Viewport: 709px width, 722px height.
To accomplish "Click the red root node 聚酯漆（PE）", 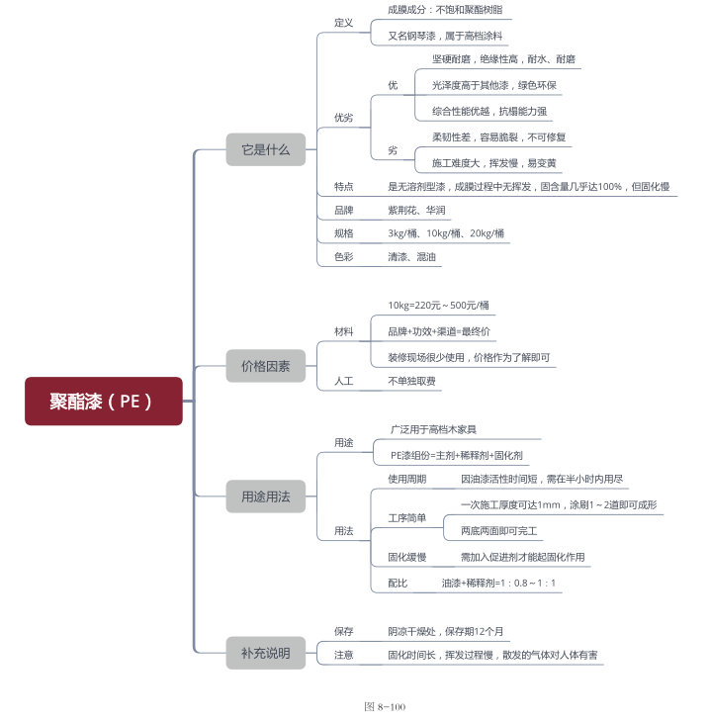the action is click(103, 401).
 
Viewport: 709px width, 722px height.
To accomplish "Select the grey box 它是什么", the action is click(265, 149).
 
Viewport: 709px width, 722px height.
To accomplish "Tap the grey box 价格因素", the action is click(265, 366).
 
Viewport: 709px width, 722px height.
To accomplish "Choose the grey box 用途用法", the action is click(265, 496).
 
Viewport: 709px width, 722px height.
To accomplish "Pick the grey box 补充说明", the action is click(265, 653).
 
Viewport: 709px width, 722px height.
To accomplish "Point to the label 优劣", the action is click(343, 118).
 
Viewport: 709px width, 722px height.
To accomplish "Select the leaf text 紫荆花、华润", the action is click(416, 211).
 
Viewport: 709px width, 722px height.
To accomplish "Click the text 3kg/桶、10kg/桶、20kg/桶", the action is click(446, 234).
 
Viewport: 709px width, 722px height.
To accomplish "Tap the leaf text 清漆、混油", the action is click(413, 257).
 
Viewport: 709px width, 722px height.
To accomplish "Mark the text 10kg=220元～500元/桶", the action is click(439, 306).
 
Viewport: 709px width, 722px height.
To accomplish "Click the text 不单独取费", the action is click(411, 381).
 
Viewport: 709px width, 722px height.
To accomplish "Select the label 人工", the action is click(344, 381).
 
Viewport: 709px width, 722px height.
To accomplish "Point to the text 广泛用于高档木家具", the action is click(433, 429).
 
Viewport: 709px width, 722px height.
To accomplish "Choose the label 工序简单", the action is click(406, 518).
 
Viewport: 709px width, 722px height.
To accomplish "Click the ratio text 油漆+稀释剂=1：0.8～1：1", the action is click(498, 584).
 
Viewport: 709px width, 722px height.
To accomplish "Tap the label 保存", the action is click(344, 631).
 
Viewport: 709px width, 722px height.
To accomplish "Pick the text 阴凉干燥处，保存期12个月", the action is click(448, 631).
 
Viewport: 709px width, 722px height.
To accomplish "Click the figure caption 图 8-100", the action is click(385, 707).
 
